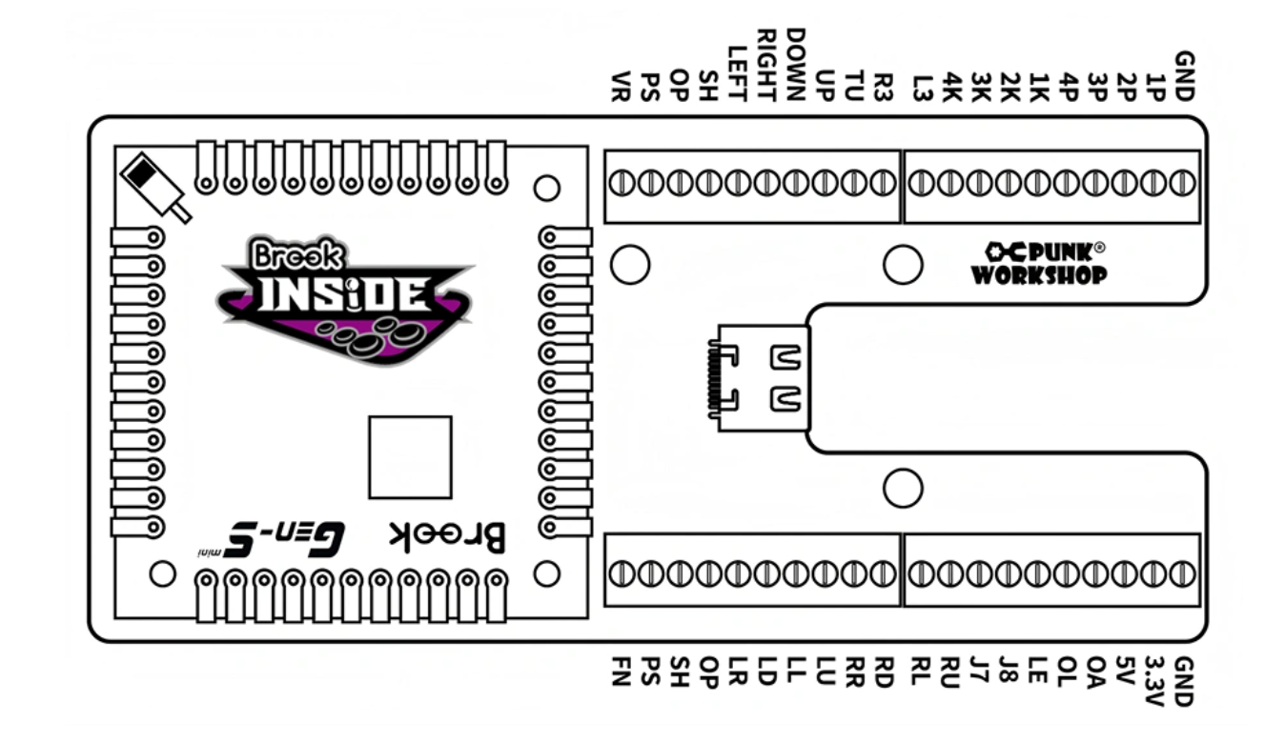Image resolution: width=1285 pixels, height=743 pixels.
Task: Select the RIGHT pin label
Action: click(767, 65)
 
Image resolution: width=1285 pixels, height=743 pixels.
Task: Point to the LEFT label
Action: click(737, 72)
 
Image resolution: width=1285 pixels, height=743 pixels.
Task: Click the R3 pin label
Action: click(885, 86)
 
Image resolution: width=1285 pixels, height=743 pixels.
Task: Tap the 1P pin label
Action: click(1155, 86)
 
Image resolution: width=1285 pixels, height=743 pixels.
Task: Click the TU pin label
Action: click(855, 86)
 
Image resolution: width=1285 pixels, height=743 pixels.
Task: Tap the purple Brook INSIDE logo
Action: click(345, 300)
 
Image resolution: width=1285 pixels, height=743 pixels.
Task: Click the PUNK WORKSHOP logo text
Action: click(1039, 263)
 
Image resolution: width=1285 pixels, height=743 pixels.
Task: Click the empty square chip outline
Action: click(410, 457)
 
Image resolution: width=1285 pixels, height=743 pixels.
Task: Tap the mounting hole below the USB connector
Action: click(902, 488)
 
